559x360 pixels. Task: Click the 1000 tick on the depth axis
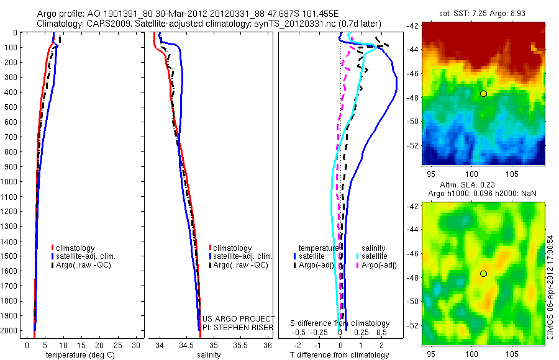(x=11, y=181)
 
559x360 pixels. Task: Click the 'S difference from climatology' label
(x=340, y=323)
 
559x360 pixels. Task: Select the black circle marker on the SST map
(x=484, y=93)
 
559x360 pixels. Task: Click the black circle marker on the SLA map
(x=484, y=274)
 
